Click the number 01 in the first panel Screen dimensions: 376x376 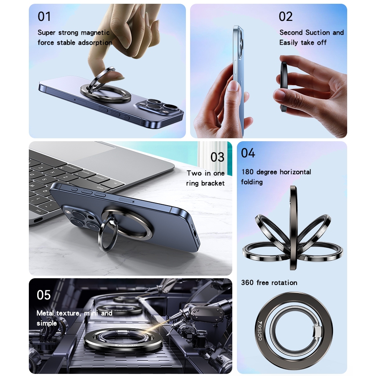click(44, 17)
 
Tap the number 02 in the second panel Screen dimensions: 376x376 click(286, 17)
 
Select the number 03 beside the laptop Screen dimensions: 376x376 click(218, 157)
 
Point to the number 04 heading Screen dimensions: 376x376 click(248, 153)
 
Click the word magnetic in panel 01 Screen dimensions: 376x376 click(95, 33)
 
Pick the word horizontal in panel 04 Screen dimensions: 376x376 click(295, 172)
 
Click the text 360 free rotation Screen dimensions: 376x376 click(269, 282)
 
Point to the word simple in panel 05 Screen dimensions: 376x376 click(47, 323)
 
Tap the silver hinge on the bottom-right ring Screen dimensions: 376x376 click(317, 331)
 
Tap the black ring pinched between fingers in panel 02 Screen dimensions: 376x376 click(285, 87)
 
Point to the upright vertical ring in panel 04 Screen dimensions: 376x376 click(293, 228)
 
